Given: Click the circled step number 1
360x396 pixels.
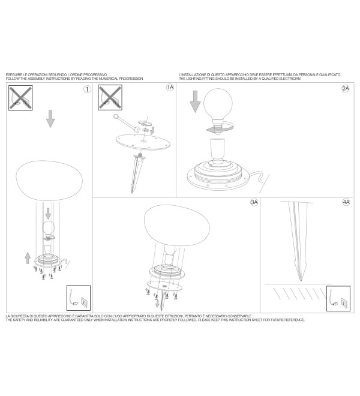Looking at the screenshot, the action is pos(87,89).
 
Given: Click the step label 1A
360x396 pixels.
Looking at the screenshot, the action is pos(170,88).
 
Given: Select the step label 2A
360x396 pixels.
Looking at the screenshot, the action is pos(346,88).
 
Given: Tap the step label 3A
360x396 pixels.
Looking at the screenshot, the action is pos(254,202).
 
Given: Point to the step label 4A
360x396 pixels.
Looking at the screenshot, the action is pos(346,202).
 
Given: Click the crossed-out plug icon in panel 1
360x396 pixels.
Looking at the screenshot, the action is pos(20,98).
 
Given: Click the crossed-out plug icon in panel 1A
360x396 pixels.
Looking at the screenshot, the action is pos(110,97).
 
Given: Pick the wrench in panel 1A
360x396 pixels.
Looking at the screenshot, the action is pos(126,124).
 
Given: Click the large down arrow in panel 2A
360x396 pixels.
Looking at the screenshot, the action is pos(195,101).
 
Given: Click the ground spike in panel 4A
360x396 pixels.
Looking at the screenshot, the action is pos(299,241).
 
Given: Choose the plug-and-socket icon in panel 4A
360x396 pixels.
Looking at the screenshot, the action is pos(338,298).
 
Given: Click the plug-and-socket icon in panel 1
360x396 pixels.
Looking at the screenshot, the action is pos(79,298).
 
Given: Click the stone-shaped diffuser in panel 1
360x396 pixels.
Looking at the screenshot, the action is pos(49,181).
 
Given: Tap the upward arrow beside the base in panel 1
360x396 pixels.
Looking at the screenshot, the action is pos(28,257).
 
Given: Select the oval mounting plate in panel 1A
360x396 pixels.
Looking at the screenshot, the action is pos(143,142).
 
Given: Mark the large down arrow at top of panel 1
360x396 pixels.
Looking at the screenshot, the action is pos(50,118).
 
